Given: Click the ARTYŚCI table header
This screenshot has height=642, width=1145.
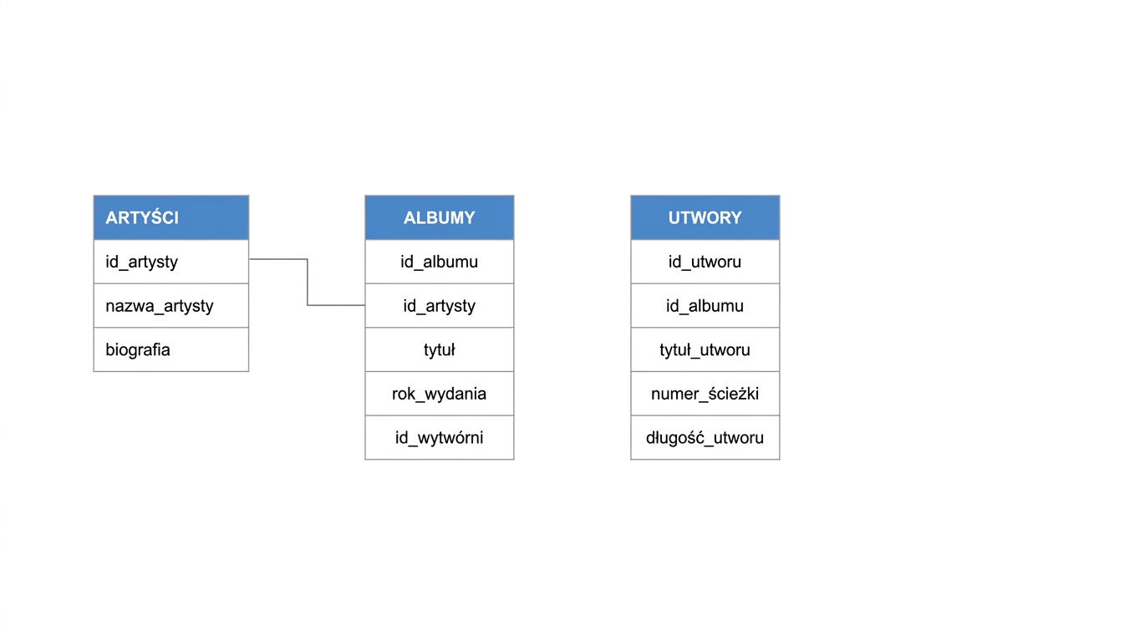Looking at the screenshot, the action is click(x=171, y=217).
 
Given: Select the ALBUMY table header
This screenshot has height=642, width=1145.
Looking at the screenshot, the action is click(x=440, y=217).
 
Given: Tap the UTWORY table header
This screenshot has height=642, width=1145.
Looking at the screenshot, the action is click(x=705, y=217).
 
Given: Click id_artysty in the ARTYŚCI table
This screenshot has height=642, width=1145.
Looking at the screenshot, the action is click(x=141, y=262).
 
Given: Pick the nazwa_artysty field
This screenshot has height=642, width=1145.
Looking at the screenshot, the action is click(x=160, y=306).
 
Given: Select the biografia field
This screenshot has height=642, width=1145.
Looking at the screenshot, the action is click(x=138, y=349).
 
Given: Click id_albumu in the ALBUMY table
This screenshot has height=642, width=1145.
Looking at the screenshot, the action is click(x=439, y=262).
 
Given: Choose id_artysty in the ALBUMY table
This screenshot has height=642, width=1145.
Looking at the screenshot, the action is click(x=439, y=306).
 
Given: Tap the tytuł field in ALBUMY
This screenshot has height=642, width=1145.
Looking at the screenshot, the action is click(x=439, y=349).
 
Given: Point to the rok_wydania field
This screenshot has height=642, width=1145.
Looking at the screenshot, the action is click(x=439, y=394).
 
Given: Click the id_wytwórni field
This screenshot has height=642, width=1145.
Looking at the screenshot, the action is click(x=439, y=437).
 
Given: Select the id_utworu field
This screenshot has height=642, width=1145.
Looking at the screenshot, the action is click(x=705, y=262).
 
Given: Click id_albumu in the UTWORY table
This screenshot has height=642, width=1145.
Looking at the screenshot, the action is click(x=705, y=306).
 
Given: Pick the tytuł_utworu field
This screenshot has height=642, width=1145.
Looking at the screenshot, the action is click(x=705, y=349).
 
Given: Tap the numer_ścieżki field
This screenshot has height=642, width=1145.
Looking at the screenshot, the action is click(x=705, y=394).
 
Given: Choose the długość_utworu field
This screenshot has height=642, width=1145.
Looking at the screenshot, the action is click(x=705, y=437).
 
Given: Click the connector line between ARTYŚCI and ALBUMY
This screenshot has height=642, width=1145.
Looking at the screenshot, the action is click(x=308, y=283).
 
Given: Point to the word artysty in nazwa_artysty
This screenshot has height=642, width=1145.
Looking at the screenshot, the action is click(x=189, y=307).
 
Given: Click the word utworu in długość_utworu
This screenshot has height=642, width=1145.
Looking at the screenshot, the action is click(x=739, y=438).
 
